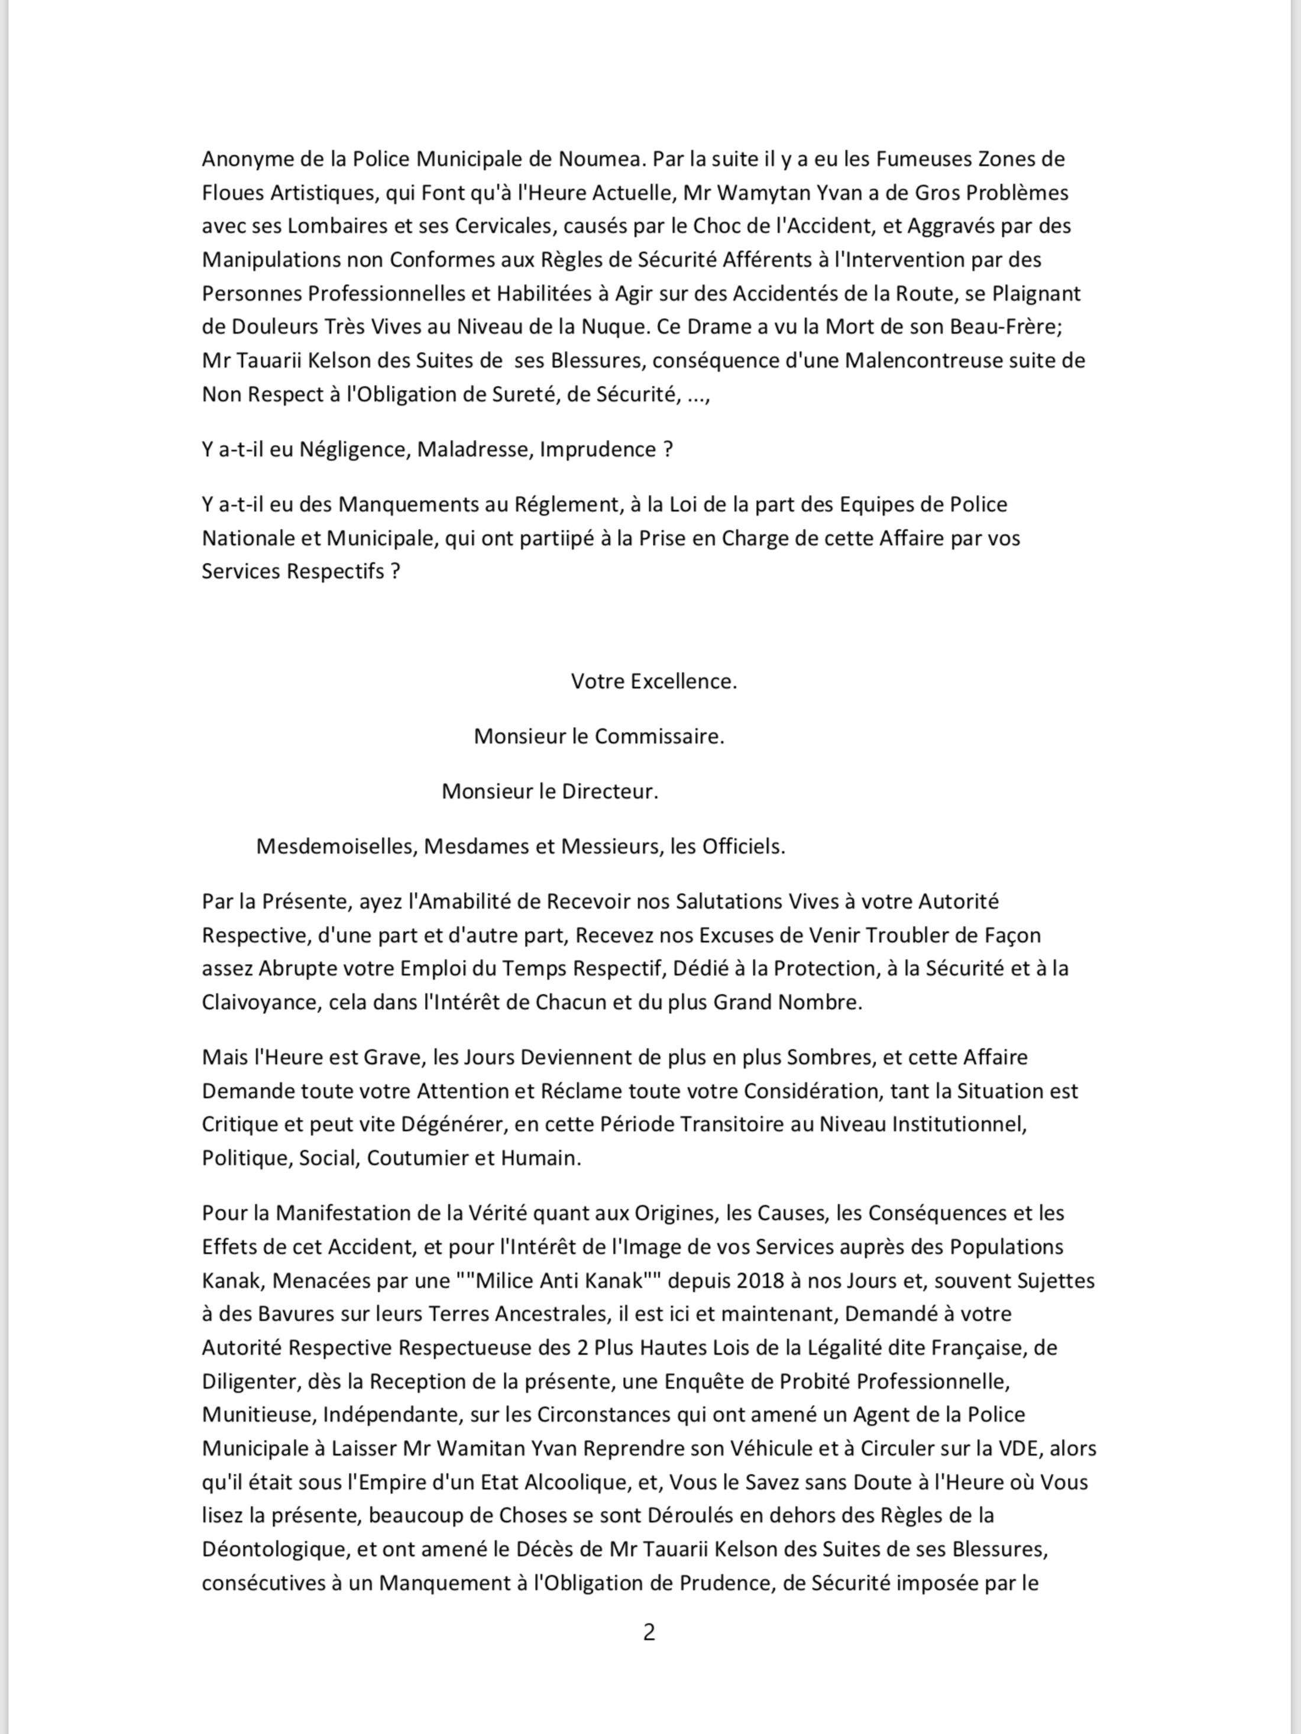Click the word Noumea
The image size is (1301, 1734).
[x=601, y=159]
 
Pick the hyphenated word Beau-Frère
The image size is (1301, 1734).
[x=1005, y=327]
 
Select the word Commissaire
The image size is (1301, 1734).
[x=659, y=736]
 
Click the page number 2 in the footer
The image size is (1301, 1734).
[x=649, y=1632]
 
